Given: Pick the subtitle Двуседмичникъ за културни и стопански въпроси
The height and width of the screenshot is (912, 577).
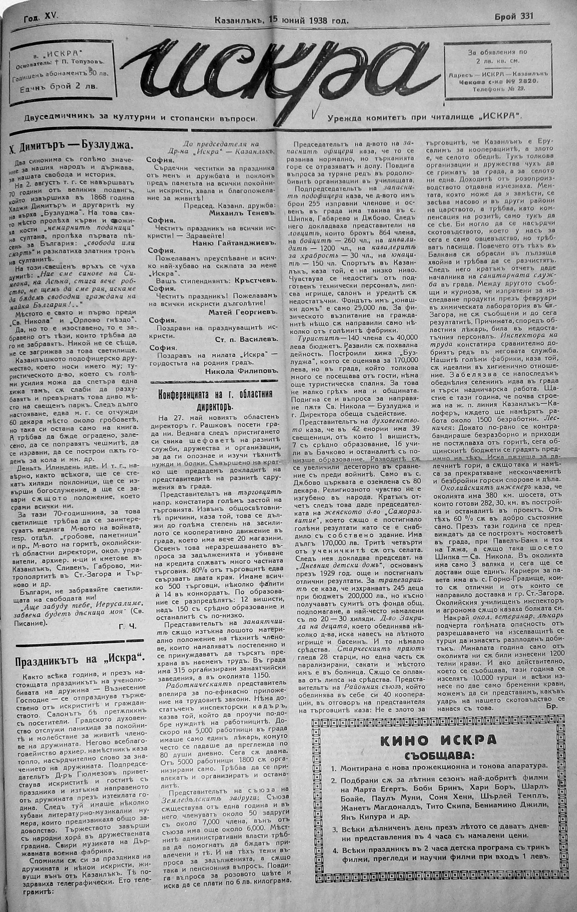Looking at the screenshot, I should [140, 118].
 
